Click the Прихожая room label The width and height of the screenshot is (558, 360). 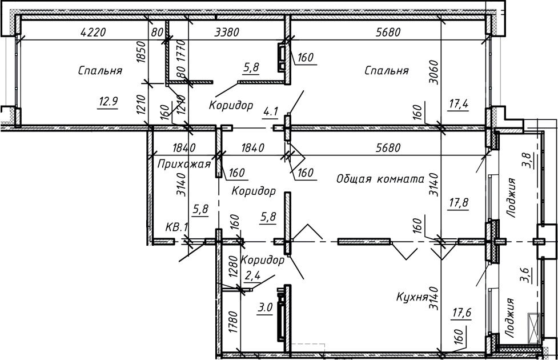[x=184, y=165]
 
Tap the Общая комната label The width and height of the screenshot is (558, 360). [x=380, y=179]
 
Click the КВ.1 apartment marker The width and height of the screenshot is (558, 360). [x=176, y=227]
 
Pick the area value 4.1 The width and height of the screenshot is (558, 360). [x=270, y=111]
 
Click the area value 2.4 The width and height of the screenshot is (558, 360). [x=252, y=277]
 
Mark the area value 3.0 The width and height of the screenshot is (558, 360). [x=264, y=308]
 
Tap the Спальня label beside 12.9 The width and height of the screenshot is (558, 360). [x=101, y=71]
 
